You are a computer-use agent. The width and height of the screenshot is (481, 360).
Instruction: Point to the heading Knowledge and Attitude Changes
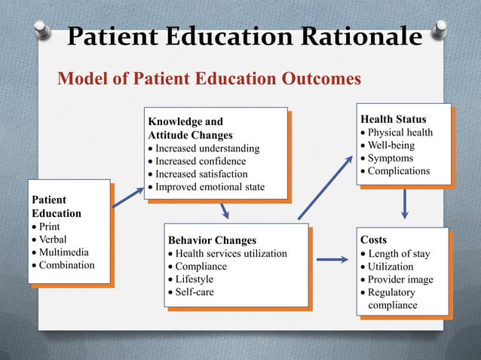click(x=190, y=127)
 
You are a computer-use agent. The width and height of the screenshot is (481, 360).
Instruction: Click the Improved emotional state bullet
click(x=210, y=187)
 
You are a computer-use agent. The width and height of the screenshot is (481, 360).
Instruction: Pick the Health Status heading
click(x=392, y=120)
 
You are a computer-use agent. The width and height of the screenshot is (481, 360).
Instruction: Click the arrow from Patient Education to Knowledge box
click(x=127, y=198)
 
